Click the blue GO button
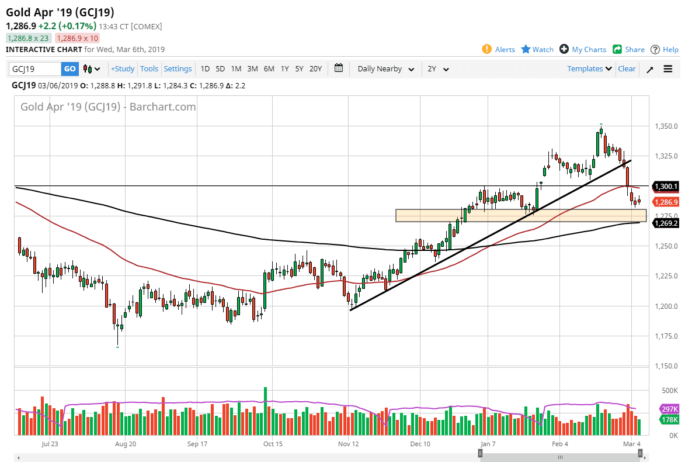click(x=69, y=69)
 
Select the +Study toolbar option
click(x=123, y=69)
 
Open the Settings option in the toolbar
click(x=178, y=69)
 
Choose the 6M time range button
click(x=269, y=69)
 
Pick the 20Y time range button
click(x=315, y=69)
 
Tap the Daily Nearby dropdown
click(x=385, y=69)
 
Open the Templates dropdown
click(x=589, y=69)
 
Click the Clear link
click(x=627, y=69)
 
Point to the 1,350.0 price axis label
click(x=666, y=126)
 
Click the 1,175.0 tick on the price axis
click(x=666, y=336)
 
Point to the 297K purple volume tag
click(x=669, y=409)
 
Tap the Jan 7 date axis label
click(x=486, y=444)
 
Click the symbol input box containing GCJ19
click(x=35, y=69)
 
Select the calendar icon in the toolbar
click(x=339, y=68)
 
